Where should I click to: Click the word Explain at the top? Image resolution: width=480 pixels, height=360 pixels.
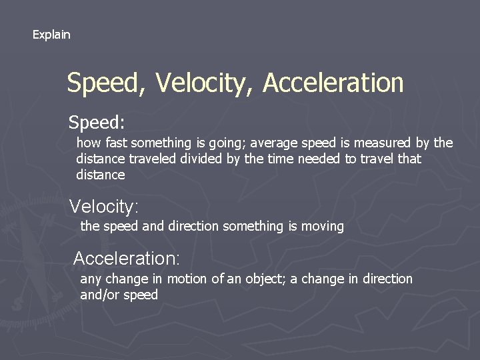click(x=51, y=34)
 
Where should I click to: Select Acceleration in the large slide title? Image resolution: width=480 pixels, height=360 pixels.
click(x=333, y=83)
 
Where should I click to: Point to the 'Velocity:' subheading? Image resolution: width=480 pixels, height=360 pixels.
click(x=105, y=206)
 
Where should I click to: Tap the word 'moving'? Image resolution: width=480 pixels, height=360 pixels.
click(x=323, y=227)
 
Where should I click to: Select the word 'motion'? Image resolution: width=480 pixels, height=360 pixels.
click(x=187, y=279)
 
